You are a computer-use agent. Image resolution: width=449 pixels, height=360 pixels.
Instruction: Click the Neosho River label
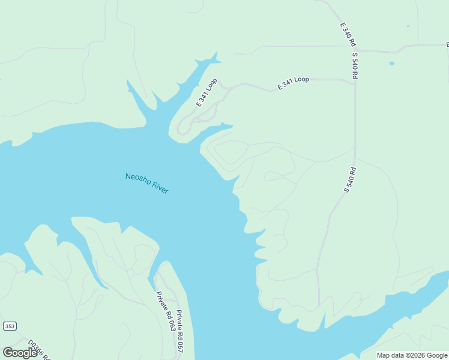(x=146, y=183)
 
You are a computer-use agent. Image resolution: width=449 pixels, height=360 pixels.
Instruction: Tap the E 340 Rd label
(x=348, y=35)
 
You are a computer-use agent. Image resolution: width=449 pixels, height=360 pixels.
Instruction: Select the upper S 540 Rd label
(x=355, y=66)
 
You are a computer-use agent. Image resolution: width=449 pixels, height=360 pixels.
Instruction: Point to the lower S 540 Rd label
(x=351, y=179)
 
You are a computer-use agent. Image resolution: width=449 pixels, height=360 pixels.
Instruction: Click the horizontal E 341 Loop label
(x=293, y=83)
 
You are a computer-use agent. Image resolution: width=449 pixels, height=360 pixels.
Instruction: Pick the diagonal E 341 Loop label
(x=206, y=92)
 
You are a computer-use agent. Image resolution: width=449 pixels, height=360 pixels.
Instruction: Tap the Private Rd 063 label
(x=166, y=311)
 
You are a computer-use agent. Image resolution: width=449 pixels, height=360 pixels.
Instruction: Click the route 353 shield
(x=10, y=326)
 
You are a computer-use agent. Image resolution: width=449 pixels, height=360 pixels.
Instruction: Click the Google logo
(x=20, y=352)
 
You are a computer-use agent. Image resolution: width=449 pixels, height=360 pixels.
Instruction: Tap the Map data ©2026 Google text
(x=412, y=355)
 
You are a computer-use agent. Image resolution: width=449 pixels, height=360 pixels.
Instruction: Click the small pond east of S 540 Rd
(x=391, y=63)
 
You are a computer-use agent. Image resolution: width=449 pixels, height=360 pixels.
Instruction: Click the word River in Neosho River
(x=160, y=188)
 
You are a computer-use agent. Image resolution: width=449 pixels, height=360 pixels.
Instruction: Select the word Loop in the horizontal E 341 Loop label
(x=301, y=80)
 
